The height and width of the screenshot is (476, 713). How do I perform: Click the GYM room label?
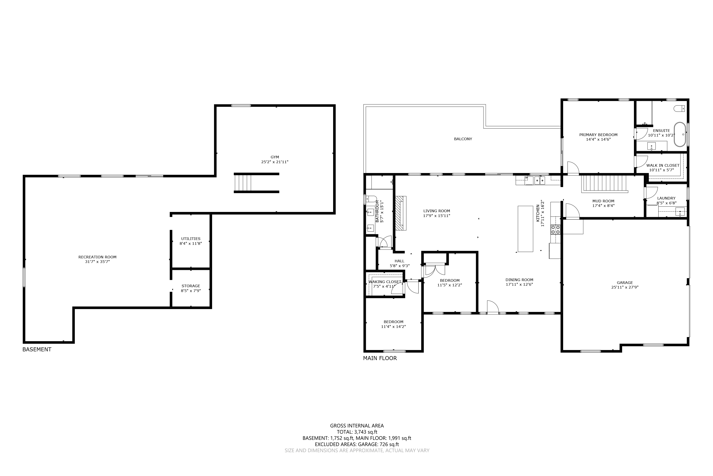tap(275, 157)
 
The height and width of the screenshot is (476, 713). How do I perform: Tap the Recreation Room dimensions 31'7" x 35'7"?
tap(97, 262)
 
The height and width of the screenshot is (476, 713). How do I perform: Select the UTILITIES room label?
tap(191, 239)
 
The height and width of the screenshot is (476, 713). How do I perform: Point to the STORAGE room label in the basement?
tap(191, 286)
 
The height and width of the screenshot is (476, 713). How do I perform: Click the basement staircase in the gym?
tap(243, 183)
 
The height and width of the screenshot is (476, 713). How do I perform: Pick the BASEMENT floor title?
tap(37, 349)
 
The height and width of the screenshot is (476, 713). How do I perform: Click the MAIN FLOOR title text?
tap(380, 358)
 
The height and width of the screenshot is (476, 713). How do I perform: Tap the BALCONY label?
tap(463, 139)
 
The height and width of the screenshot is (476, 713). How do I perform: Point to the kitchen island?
tap(525, 229)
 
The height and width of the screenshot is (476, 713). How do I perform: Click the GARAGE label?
tap(625, 283)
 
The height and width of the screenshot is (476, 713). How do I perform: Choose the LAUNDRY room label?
tap(666, 198)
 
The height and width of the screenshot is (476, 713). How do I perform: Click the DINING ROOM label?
tap(519, 280)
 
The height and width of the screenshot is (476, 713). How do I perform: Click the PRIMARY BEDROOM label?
tap(598, 135)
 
